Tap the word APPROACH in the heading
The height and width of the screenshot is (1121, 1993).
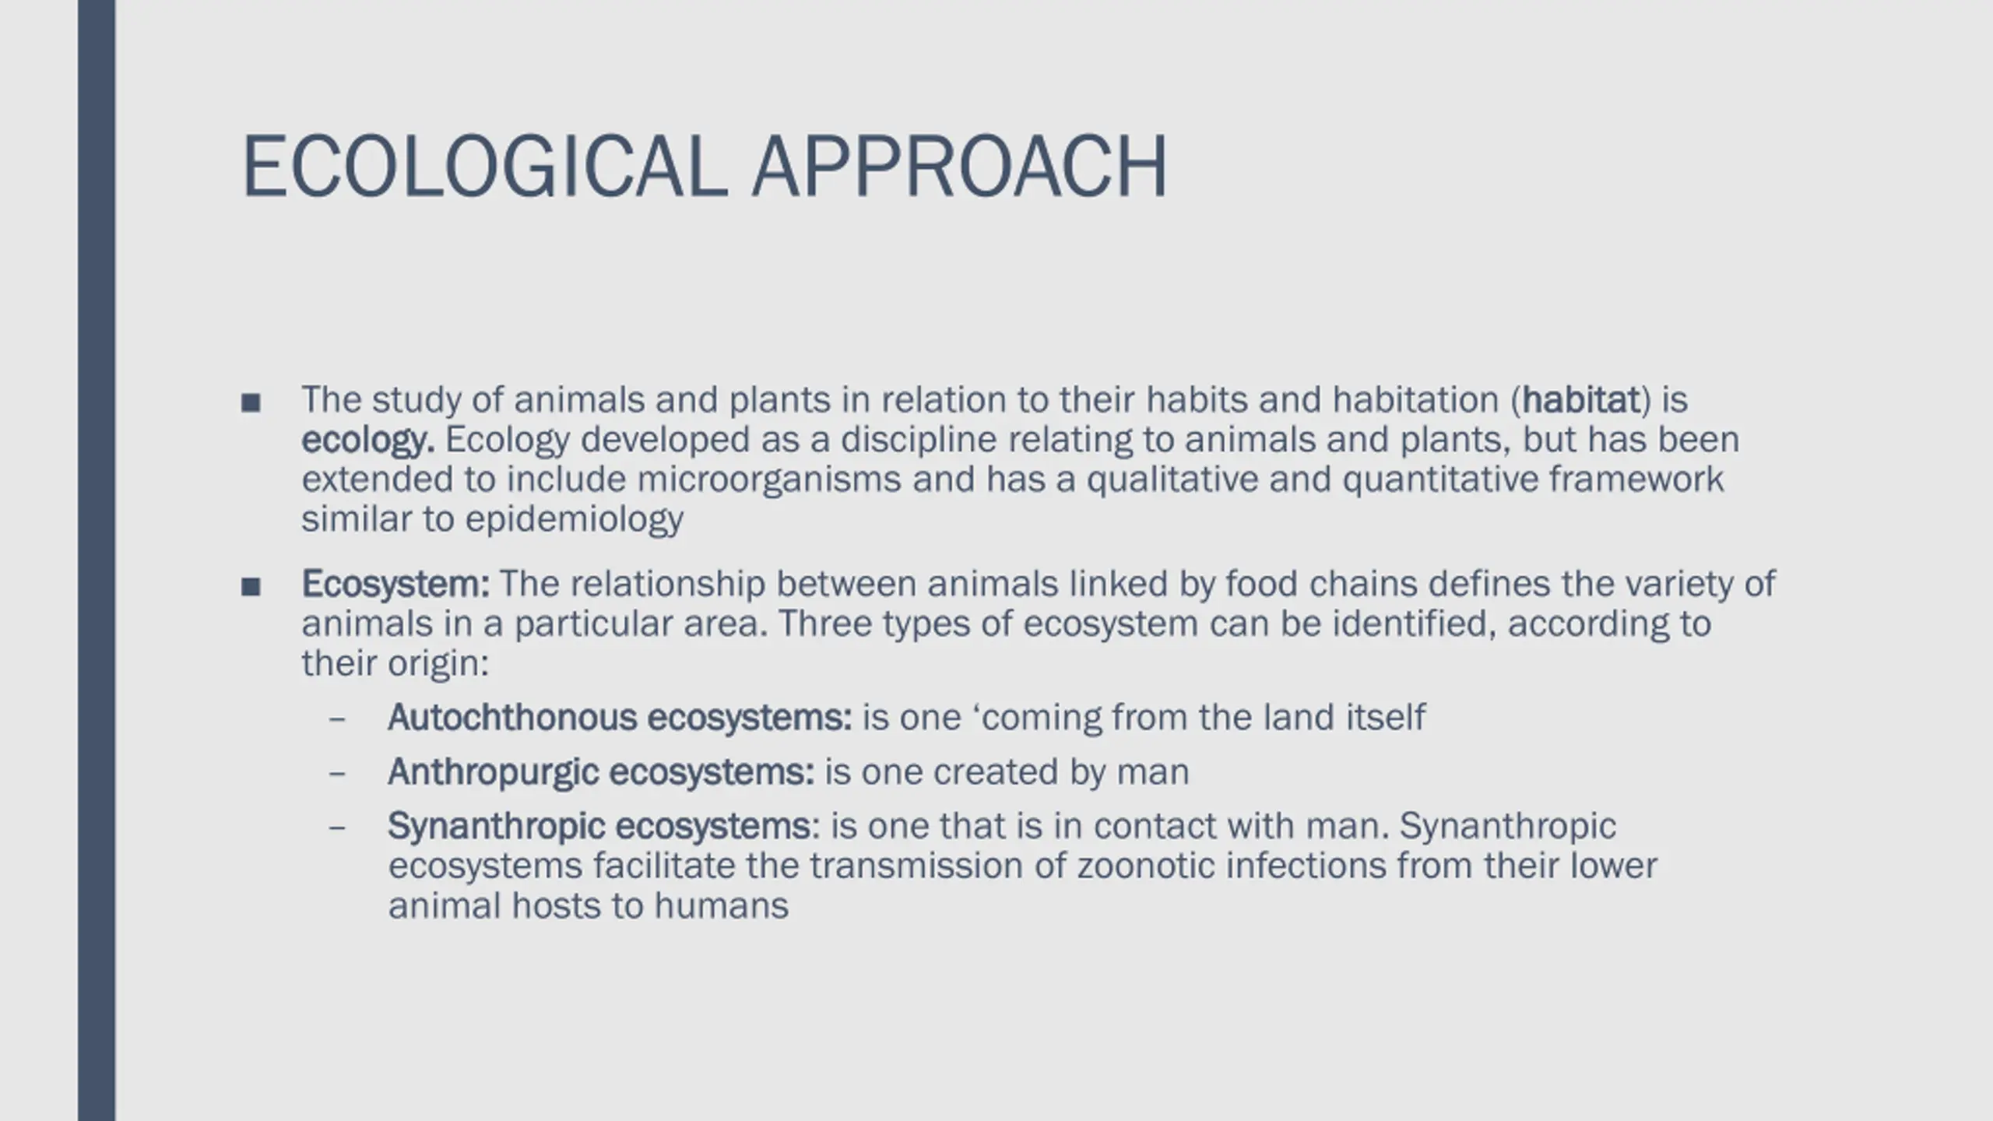pyautogui.click(x=959, y=167)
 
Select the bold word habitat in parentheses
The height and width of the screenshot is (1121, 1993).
pyautogui.click(x=1581, y=399)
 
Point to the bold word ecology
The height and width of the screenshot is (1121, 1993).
pyautogui.click(x=367, y=441)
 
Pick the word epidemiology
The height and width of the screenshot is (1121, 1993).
pyautogui.click(x=575, y=520)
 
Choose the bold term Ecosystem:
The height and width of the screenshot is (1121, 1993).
pyautogui.click(x=395, y=585)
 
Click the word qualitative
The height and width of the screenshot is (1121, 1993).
pyautogui.click(x=1172, y=480)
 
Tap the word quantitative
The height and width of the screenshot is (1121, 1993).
pyautogui.click(x=1440, y=480)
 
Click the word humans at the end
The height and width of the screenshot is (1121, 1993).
pyautogui.click(x=721, y=906)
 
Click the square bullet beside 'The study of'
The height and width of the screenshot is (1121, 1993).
pyautogui.click(x=251, y=402)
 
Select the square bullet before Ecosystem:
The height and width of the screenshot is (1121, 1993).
pyautogui.click(x=251, y=586)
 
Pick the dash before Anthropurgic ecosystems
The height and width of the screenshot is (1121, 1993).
pyautogui.click(x=337, y=774)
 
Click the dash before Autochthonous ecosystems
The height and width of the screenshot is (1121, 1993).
pyautogui.click(x=337, y=719)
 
